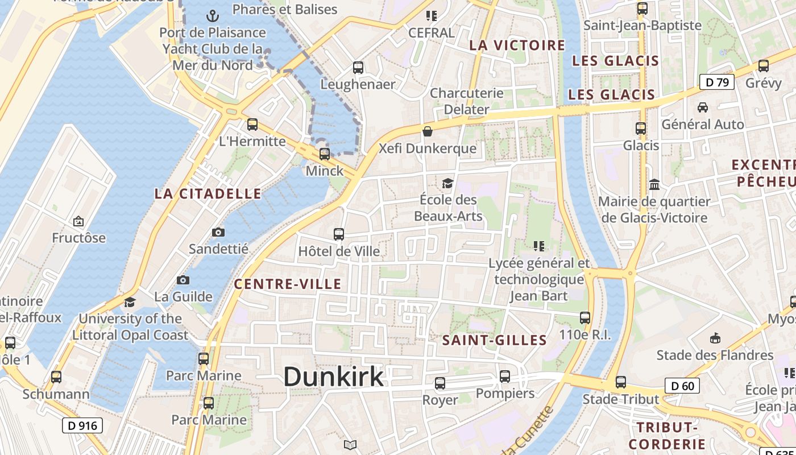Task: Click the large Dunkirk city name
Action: [333, 377]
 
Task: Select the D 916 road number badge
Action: [82, 425]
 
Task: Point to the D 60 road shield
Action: [682, 386]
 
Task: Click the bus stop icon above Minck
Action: [325, 154]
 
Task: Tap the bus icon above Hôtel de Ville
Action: [339, 234]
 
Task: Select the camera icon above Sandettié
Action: [218, 232]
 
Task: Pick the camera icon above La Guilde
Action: [183, 280]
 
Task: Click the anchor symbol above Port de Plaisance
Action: [213, 15]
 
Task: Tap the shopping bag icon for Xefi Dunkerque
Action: [428, 132]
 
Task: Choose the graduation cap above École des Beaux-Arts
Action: [447, 183]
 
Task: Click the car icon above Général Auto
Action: [703, 107]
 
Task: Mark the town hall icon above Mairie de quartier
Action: [654, 184]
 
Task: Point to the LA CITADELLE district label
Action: [208, 193]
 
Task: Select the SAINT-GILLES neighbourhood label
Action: [495, 340]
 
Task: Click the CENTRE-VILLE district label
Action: [288, 284]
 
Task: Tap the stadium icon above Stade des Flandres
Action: [715, 338]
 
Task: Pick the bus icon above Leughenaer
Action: [358, 68]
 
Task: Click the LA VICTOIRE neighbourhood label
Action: [517, 45]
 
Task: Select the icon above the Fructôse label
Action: [78, 221]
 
